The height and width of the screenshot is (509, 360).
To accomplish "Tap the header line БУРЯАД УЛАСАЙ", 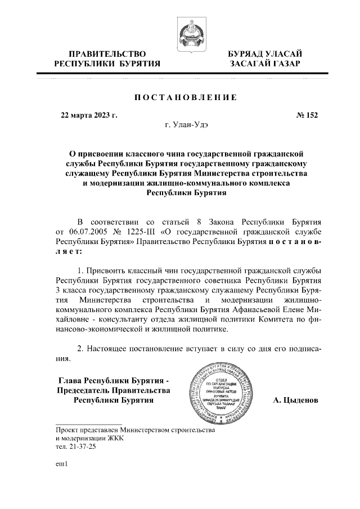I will click(x=264, y=53).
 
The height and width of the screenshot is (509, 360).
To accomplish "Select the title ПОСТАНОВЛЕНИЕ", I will click(x=185, y=97).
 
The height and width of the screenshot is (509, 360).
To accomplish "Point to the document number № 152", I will click(x=307, y=115).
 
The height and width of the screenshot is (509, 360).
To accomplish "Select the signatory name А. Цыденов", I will click(x=295, y=400).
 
